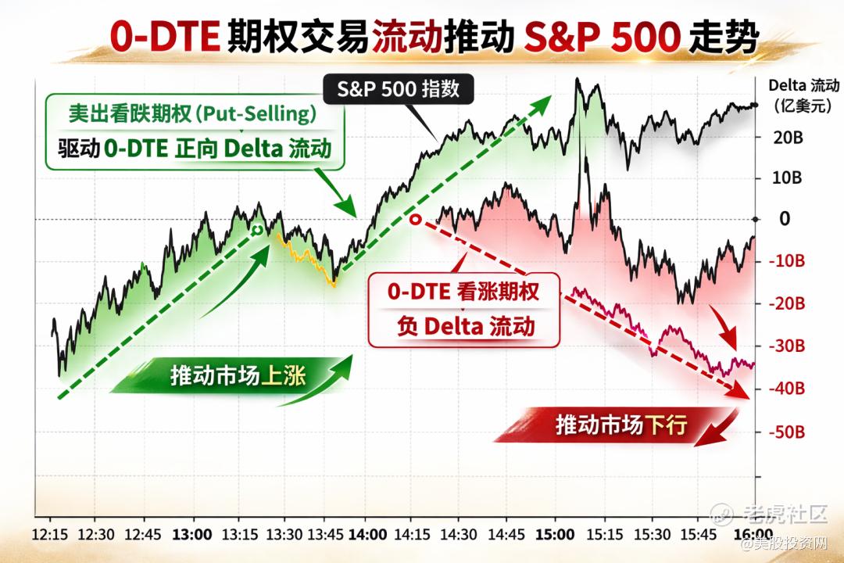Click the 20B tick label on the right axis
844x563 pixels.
tap(788, 138)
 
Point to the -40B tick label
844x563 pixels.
tap(786, 388)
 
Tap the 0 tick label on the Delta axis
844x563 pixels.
tap(785, 219)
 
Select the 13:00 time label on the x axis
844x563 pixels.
tap(192, 535)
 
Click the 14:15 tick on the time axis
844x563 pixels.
tap(413, 535)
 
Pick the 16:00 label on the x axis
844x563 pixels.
tap(753, 535)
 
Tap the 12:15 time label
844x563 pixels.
tap(50, 535)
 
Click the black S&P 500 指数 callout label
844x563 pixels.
tap(399, 89)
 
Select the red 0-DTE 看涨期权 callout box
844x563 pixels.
tap(463, 310)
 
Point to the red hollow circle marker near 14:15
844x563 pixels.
tap(415, 219)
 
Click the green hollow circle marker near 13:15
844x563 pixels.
tap(258, 230)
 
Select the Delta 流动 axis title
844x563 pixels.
tap(803, 95)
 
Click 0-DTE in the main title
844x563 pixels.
tap(165, 37)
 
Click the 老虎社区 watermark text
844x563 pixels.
tap(785, 515)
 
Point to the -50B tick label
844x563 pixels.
tap(786, 432)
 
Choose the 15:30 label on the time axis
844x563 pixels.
tap(652, 535)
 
